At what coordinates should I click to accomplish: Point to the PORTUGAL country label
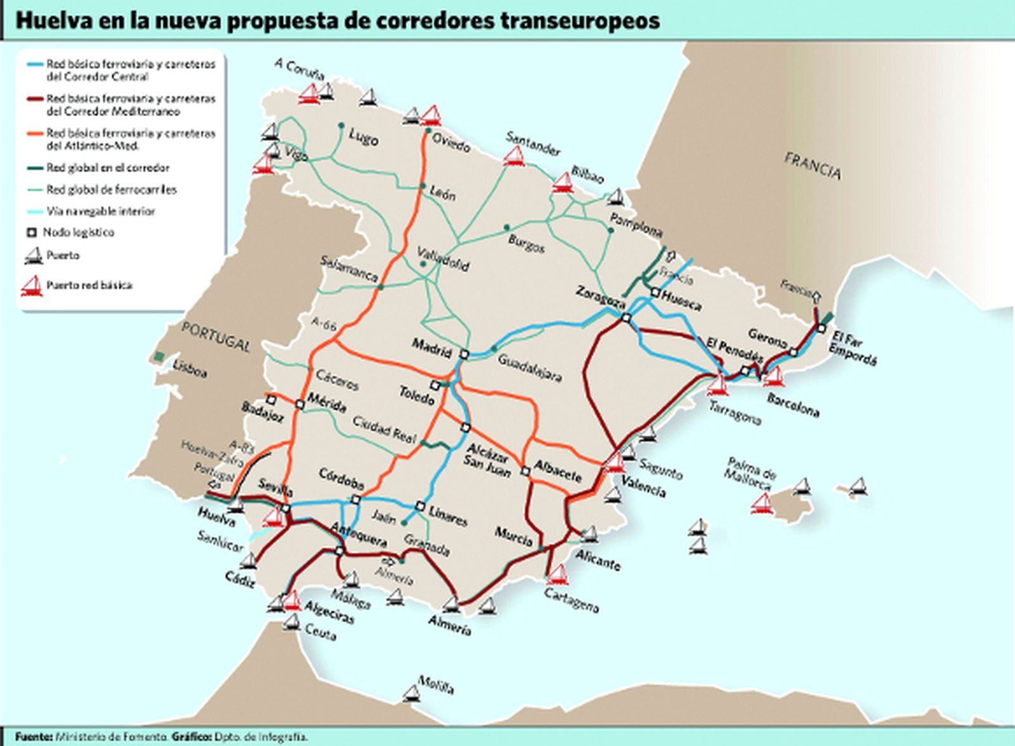tap(216, 336)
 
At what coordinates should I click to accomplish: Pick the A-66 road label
tap(324, 323)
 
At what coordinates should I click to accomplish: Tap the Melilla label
tap(435, 686)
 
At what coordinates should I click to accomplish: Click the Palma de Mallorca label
tap(752, 472)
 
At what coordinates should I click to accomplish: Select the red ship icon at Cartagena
tap(558, 575)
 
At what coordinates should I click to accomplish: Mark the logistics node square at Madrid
tap(464, 355)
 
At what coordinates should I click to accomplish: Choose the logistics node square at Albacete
tap(525, 471)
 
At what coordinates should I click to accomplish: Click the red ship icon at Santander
tap(514, 156)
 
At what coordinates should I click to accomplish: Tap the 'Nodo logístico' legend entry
tap(79, 232)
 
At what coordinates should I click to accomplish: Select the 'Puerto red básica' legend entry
tap(89, 286)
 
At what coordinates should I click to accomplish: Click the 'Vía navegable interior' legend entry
tap(100, 211)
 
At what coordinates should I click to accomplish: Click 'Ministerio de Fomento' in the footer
tap(112, 737)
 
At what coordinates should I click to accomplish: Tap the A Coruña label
tap(299, 69)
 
